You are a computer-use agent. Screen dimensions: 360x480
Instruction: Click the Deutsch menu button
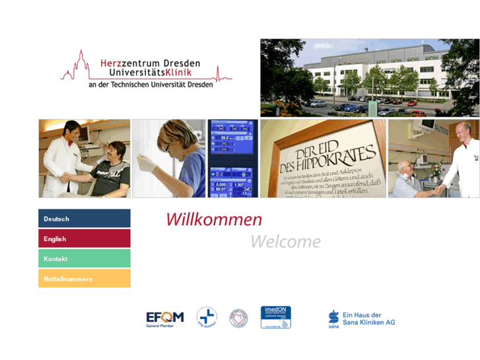click(84, 219)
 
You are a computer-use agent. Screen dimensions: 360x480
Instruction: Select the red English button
click(84, 238)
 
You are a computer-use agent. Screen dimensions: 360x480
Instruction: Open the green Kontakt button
click(84, 259)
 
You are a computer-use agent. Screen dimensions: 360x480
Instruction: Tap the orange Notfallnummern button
click(84, 279)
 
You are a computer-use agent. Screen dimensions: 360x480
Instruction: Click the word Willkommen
click(213, 219)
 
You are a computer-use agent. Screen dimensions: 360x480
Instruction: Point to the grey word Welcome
click(285, 242)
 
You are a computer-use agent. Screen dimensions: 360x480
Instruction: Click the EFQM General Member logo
click(164, 318)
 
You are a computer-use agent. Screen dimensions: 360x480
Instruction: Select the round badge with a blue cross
click(207, 318)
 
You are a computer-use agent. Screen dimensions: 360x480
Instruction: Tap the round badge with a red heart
click(238, 318)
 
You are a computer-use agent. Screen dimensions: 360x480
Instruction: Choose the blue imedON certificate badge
click(276, 317)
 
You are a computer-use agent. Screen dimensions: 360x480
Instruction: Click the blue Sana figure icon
click(333, 318)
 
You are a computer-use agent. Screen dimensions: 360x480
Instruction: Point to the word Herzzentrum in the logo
click(129, 63)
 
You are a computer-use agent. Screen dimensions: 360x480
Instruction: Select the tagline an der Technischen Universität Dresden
click(151, 85)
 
